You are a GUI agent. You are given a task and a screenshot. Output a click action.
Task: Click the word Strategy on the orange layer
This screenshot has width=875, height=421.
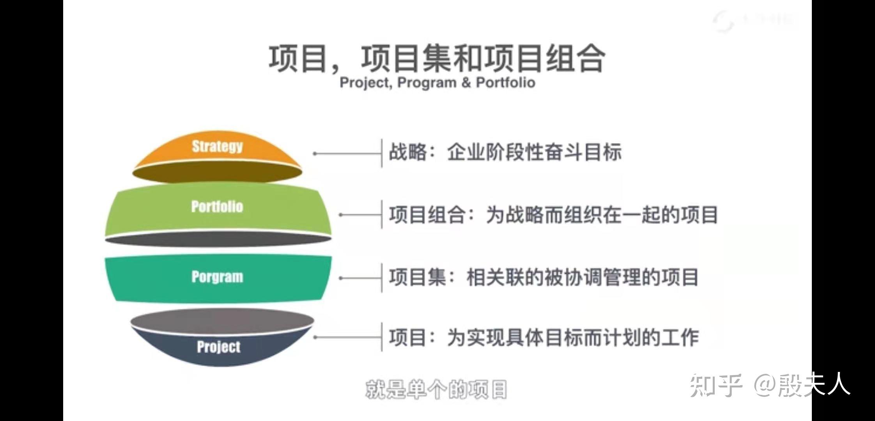coord(217,146)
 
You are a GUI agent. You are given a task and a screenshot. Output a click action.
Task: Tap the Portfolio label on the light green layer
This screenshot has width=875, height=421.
coord(217,207)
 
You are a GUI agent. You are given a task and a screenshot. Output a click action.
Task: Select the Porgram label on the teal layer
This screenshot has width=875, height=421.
coord(217,277)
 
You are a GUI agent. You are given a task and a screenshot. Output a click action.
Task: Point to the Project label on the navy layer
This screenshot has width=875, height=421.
coord(218,347)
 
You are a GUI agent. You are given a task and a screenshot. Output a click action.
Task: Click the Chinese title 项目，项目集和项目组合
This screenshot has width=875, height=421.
coord(437,58)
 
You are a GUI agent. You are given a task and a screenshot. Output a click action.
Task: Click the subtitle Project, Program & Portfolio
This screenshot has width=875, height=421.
coord(437,83)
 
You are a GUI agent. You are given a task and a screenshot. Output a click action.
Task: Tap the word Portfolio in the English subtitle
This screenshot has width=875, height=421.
coord(505,83)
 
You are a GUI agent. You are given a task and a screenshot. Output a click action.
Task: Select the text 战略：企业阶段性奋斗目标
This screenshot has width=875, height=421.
coord(505,152)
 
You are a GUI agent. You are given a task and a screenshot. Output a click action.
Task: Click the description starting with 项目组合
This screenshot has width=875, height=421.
coord(553,215)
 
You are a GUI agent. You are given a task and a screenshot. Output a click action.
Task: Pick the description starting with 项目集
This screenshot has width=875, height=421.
coord(543,278)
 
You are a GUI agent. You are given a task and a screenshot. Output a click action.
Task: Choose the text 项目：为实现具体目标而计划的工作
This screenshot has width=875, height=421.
coord(544,338)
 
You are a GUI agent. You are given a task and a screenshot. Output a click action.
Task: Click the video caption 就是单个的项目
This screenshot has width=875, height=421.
coord(436,389)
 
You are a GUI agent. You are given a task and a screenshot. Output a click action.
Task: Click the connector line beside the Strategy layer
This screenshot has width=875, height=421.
coord(347,154)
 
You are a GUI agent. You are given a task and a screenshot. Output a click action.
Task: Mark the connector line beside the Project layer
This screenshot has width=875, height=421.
coord(347,338)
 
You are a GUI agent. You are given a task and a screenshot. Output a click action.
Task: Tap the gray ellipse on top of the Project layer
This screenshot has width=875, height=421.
coord(222,321)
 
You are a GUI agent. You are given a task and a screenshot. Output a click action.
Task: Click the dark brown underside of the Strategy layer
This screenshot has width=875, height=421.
coord(217,172)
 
